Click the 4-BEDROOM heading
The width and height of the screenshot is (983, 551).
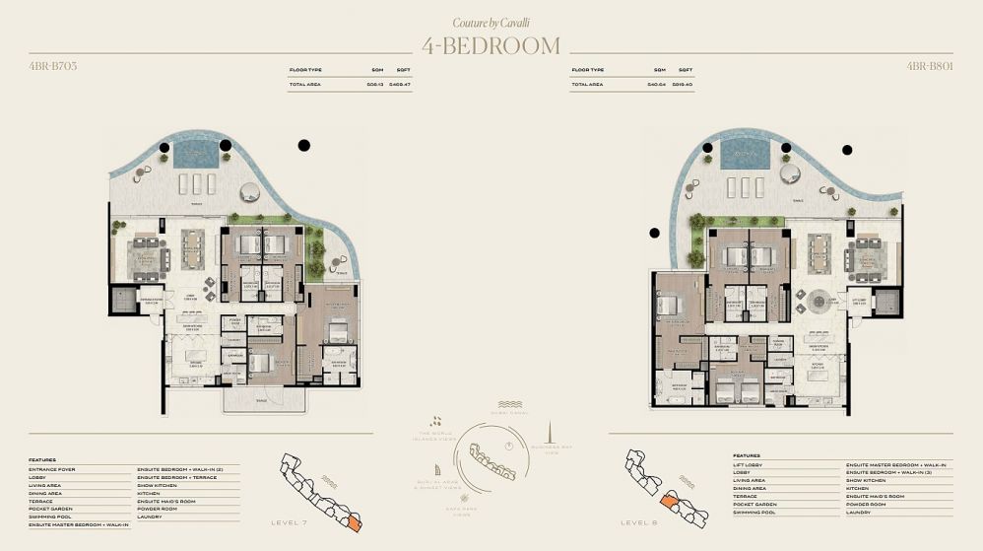click(491, 46)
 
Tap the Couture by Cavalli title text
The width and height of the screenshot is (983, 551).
click(491, 22)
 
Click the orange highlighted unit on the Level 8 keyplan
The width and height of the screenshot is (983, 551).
click(670, 502)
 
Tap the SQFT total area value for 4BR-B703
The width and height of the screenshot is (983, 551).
click(400, 86)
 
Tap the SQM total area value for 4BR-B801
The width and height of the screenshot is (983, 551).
click(658, 86)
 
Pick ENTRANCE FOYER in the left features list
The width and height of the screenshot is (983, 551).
click(52, 469)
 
